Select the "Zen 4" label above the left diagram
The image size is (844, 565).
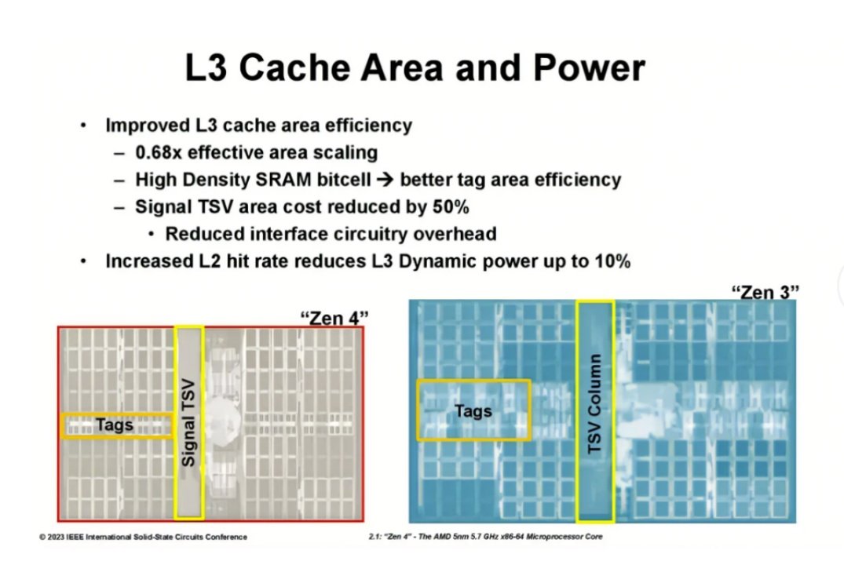[x=334, y=318]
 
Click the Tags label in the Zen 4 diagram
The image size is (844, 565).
[x=115, y=425]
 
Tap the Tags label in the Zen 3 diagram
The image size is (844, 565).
[x=473, y=410]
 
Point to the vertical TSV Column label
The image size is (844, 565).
[x=594, y=403]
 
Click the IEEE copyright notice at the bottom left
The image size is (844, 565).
[x=143, y=537]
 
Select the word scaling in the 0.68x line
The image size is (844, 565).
[x=345, y=152]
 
